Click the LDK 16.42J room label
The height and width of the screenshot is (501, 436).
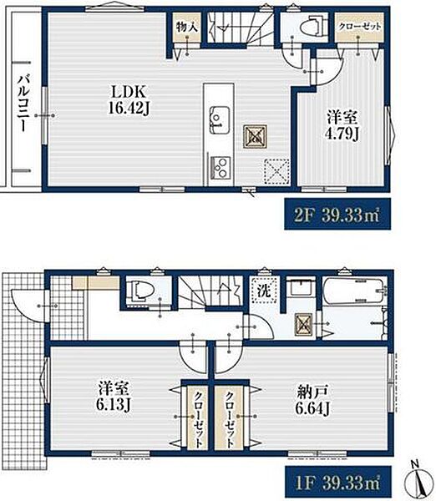click(x=129, y=100)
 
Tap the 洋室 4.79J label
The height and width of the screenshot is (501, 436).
click(x=342, y=125)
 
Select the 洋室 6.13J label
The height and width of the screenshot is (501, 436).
click(x=113, y=397)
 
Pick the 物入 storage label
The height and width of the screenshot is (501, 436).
click(x=187, y=28)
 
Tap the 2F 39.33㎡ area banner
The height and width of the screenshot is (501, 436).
click(x=337, y=214)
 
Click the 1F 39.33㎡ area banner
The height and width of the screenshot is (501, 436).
click(x=337, y=482)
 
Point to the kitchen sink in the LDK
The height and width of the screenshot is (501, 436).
click(x=220, y=120)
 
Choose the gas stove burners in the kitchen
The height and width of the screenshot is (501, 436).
click(x=220, y=168)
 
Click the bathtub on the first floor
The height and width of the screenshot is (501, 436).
click(x=353, y=291)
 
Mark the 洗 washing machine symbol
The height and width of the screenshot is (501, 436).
click(x=264, y=291)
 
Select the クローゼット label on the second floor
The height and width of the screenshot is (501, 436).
click(x=360, y=27)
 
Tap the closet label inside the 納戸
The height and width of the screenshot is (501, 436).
click(x=229, y=419)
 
